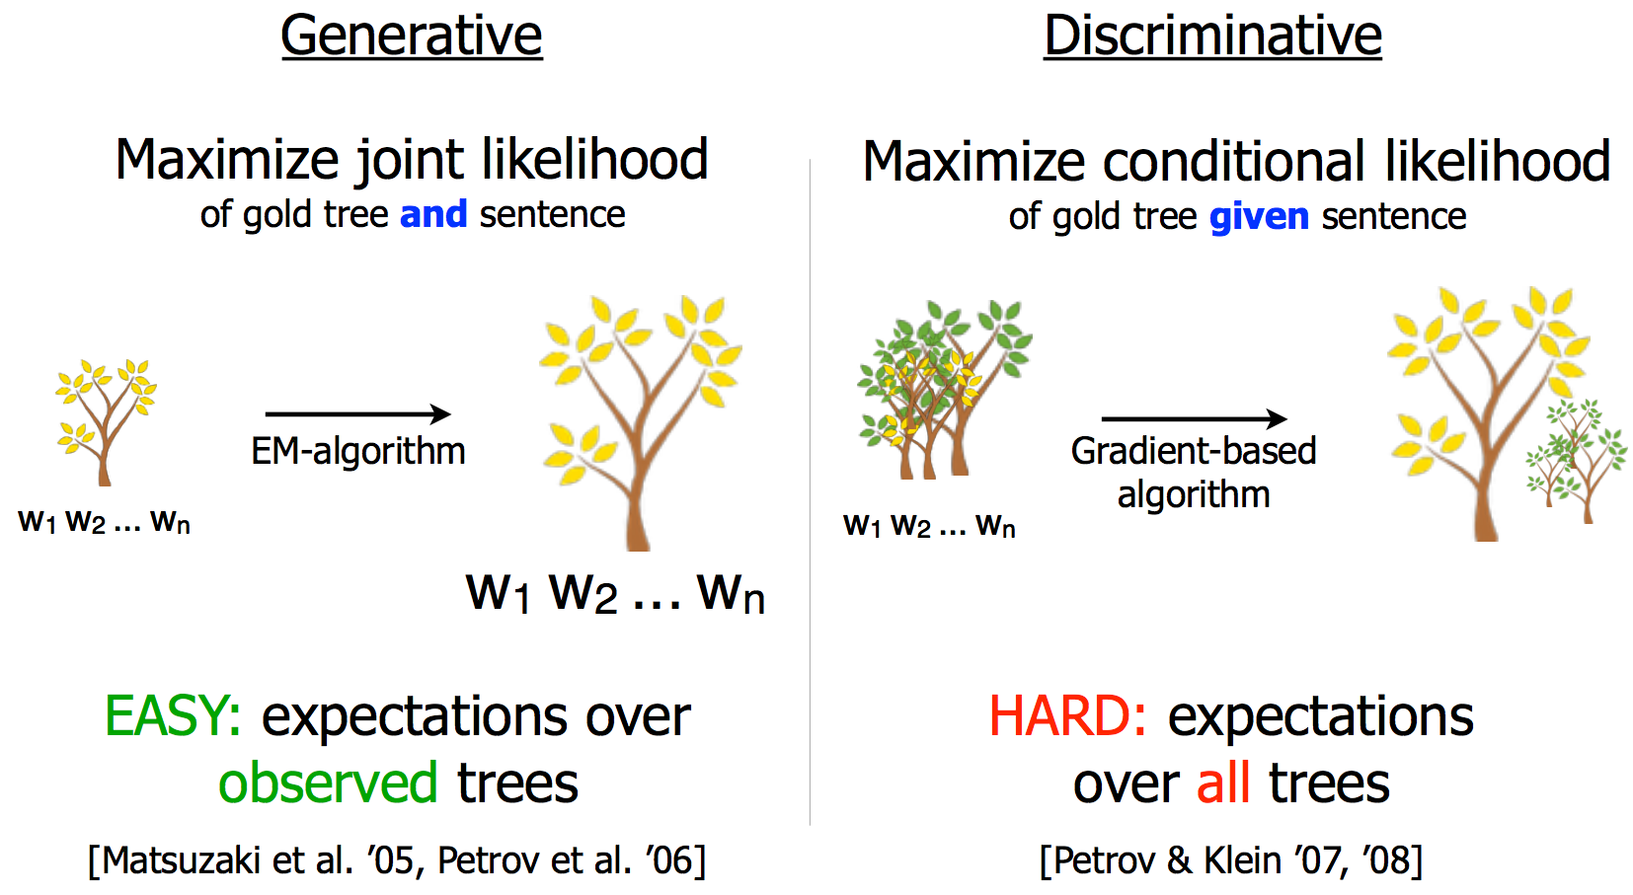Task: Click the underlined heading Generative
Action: (412, 36)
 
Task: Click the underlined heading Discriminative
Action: (1212, 36)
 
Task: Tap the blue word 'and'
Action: (433, 214)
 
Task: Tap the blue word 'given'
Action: (1259, 217)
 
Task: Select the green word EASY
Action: (173, 715)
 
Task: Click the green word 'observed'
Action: (328, 783)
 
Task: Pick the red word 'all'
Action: (1223, 783)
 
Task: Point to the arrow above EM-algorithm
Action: (358, 414)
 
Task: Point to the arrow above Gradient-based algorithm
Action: (1194, 418)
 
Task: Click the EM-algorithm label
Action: (358, 450)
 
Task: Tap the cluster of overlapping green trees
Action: (944, 389)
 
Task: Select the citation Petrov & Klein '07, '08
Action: (1231, 860)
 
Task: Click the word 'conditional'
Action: (1233, 160)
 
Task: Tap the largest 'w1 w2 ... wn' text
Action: (615, 593)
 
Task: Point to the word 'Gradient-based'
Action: (1194, 450)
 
